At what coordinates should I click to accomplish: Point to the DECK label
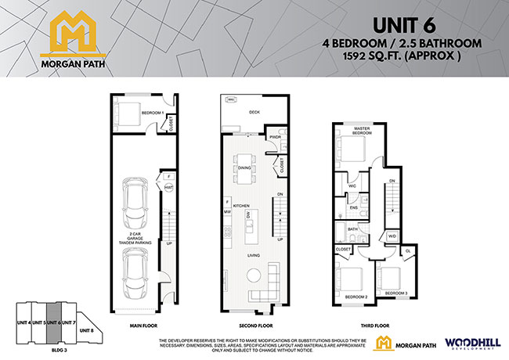(253, 112)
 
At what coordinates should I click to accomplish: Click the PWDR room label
(275, 138)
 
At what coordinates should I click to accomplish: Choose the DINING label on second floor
(244, 167)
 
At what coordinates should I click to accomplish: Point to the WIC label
(353, 186)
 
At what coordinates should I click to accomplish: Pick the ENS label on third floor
(354, 208)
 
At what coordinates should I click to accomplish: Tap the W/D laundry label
(392, 236)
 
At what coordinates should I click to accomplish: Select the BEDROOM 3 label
(395, 292)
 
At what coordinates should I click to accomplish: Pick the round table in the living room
(255, 274)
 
